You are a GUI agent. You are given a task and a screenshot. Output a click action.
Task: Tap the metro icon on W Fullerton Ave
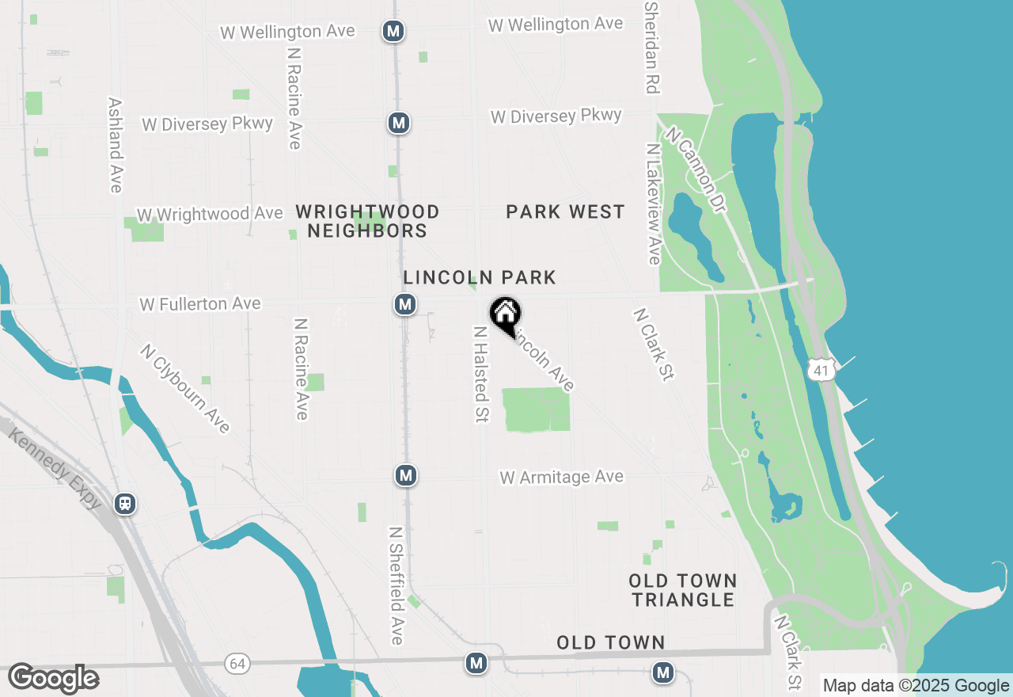tap(405, 304)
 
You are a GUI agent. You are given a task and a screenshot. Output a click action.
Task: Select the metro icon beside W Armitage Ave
tap(406, 475)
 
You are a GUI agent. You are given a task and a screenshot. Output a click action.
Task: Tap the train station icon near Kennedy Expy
tap(125, 504)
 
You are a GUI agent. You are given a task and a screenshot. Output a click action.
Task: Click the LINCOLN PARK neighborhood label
tap(480, 277)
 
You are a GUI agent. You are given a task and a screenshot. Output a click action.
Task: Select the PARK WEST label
tap(565, 211)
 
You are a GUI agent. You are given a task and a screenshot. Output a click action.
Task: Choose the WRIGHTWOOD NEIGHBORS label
tap(367, 221)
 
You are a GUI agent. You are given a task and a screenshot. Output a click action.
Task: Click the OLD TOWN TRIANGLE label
tap(683, 590)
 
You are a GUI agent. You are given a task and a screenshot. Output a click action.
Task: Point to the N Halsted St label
tap(480, 374)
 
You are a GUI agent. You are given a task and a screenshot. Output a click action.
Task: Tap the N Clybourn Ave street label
tap(185, 388)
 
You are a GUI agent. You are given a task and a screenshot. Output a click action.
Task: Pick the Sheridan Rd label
tap(652, 48)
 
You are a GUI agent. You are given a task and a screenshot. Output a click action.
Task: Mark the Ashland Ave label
tap(116, 145)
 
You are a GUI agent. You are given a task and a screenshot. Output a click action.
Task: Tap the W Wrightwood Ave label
tap(210, 215)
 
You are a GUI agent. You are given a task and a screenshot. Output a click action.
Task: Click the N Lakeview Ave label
tap(653, 204)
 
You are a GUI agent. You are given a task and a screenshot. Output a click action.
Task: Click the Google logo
tap(53, 679)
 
